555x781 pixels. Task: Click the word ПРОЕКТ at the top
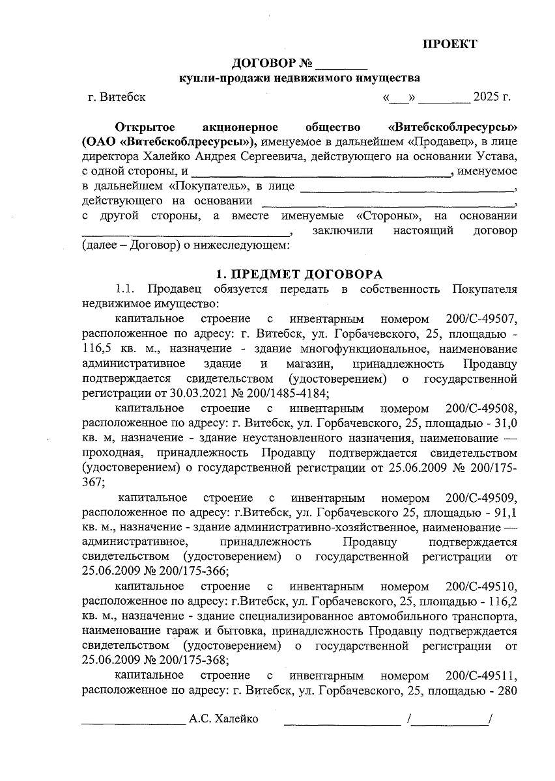tap(450, 44)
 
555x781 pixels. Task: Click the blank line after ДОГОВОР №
tap(341, 64)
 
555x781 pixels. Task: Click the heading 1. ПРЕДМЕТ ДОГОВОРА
tap(300, 274)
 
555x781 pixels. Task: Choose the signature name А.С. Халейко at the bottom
tap(223, 719)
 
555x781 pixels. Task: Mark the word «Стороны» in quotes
tap(388, 216)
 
